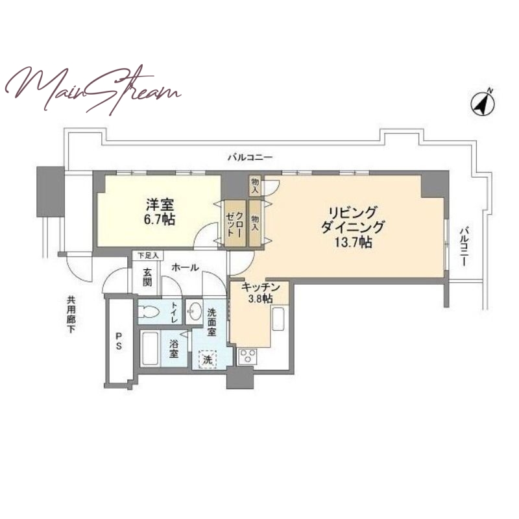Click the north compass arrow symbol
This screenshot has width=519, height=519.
tap(483, 103)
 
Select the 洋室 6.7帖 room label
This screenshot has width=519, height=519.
tap(160, 212)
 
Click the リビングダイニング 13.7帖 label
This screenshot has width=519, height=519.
tap(353, 228)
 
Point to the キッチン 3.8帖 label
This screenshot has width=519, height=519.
tap(261, 293)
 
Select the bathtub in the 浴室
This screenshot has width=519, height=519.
tap(149, 349)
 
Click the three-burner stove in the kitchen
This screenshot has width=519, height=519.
tap(247, 356)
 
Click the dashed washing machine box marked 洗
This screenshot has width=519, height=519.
tap(208, 359)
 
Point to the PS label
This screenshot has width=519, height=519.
tap(118, 341)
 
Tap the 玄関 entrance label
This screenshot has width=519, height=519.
tap(147, 277)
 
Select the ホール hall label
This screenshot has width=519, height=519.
tap(186, 267)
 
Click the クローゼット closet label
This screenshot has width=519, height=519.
tap(235, 223)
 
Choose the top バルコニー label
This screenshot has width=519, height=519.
tap(250, 157)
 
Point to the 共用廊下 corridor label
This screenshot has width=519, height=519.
tap(71, 315)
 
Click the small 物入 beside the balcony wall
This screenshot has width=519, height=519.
tap(254, 186)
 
